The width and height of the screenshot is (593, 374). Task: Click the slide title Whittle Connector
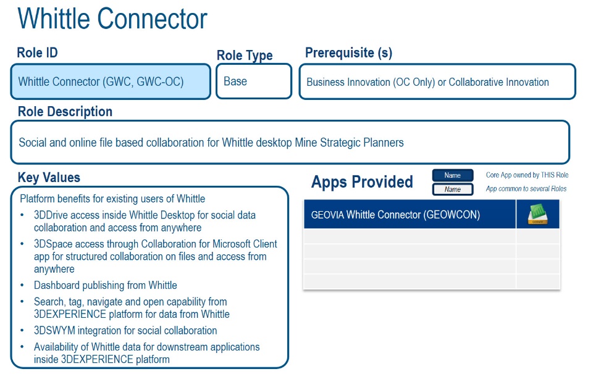[x=112, y=19]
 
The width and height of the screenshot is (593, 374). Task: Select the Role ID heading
[x=38, y=52]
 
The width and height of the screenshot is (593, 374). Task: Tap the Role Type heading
[x=245, y=56]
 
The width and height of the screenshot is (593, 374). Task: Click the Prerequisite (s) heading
[x=348, y=52]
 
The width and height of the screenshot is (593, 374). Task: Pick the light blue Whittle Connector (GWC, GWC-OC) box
[x=111, y=81]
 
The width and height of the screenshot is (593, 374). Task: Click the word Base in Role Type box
[x=235, y=81]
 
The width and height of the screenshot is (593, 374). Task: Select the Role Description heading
[x=65, y=112]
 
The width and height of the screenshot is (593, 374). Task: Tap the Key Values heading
[x=49, y=178]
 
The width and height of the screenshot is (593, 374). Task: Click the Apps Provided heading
[x=362, y=182]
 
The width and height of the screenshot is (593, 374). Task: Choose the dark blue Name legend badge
[x=453, y=175]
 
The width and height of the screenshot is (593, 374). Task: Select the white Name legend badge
[x=453, y=189]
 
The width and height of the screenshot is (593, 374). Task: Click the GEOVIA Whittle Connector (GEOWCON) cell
[x=410, y=215]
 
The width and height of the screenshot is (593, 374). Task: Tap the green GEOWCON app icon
[x=538, y=214]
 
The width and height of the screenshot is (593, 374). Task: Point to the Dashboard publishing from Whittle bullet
[x=106, y=285]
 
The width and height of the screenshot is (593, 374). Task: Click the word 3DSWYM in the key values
[x=54, y=331]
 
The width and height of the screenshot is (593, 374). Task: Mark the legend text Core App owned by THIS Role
[x=527, y=175]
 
